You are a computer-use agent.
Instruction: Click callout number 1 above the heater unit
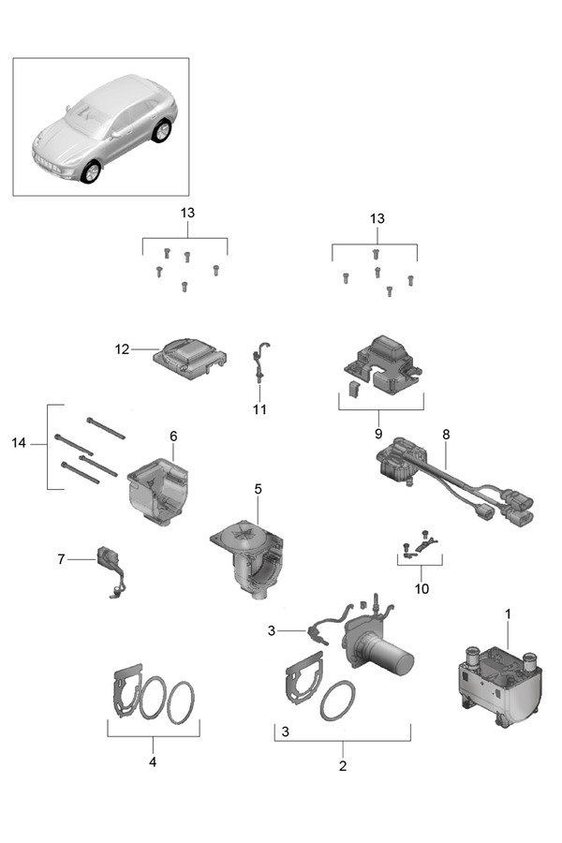point(508,614)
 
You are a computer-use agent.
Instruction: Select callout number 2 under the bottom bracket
point(342,765)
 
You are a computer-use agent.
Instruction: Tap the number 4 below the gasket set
point(153,762)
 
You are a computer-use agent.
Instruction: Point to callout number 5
point(258,489)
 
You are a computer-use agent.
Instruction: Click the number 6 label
point(173,436)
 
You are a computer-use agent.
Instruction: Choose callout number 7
point(62,559)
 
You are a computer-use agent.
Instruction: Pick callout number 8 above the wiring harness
point(446,435)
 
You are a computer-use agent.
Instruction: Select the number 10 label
point(421,589)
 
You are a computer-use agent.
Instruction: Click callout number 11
point(259,409)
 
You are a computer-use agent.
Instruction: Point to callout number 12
point(122,349)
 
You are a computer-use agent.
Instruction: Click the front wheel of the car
point(91,171)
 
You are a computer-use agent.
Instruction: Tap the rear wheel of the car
point(162,131)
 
